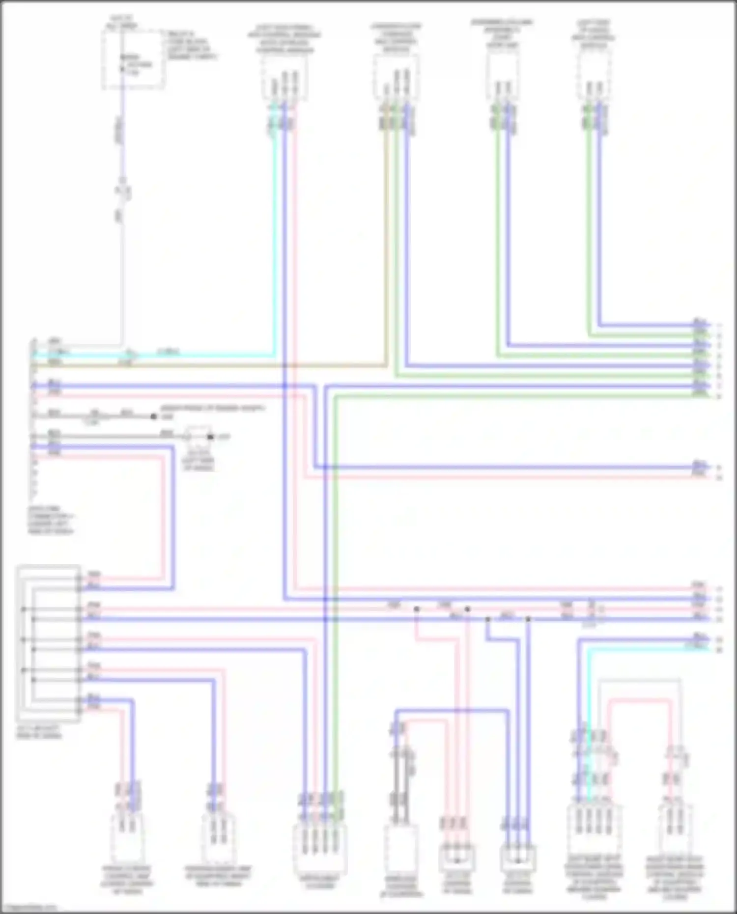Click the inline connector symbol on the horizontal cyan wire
click(x=131, y=354)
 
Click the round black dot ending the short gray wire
click(x=154, y=416)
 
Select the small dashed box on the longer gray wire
click(x=197, y=436)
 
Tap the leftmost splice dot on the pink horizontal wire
click(x=417, y=609)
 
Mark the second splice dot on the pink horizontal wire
click(x=467, y=609)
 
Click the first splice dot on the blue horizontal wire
click(x=488, y=619)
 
